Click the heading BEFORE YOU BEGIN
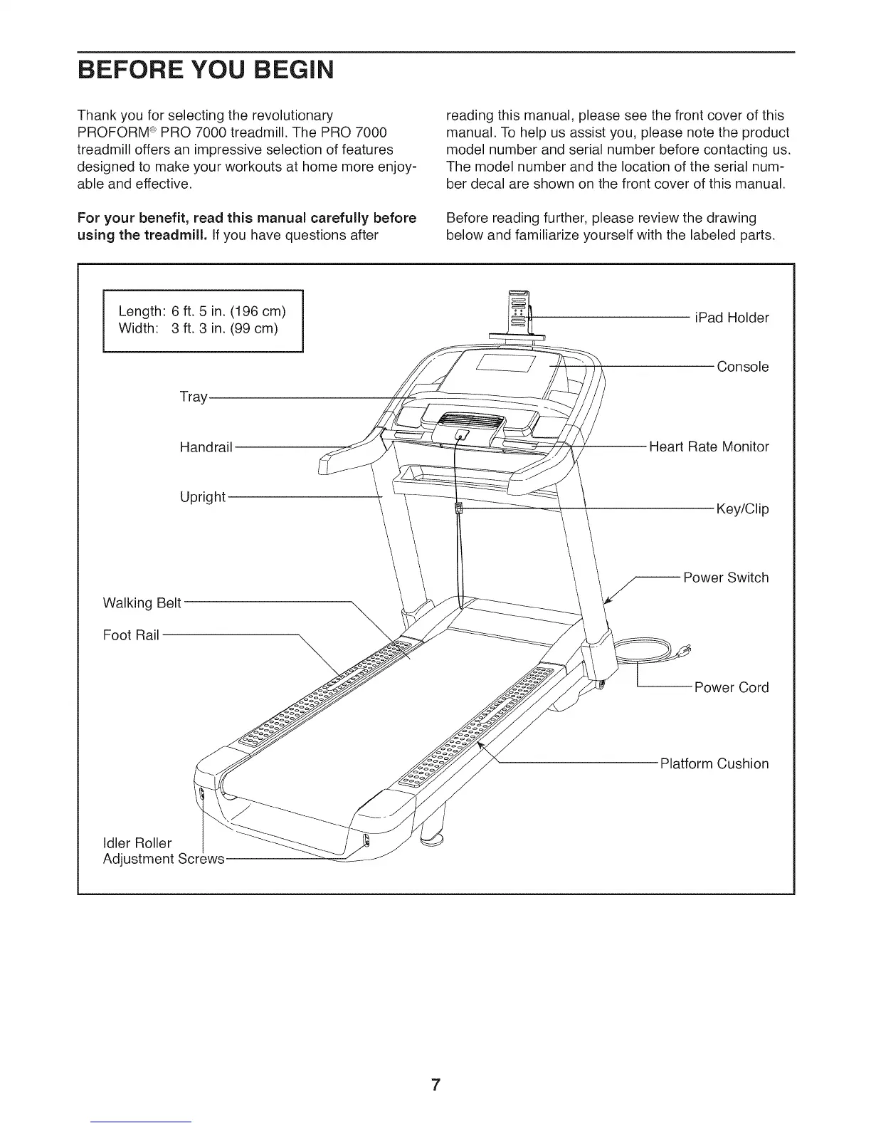(205, 72)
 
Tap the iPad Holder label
(732, 318)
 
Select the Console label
(742, 367)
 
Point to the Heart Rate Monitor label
(709, 446)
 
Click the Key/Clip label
(742, 509)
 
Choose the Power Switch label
(726, 578)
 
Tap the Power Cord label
(732, 687)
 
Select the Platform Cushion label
(714, 764)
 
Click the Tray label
(193, 397)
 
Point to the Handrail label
(206, 447)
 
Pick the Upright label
(202, 496)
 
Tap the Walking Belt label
(142, 603)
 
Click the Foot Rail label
(131, 634)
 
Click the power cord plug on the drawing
(685, 649)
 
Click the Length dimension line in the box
(202, 311)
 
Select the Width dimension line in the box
(198, 328)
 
